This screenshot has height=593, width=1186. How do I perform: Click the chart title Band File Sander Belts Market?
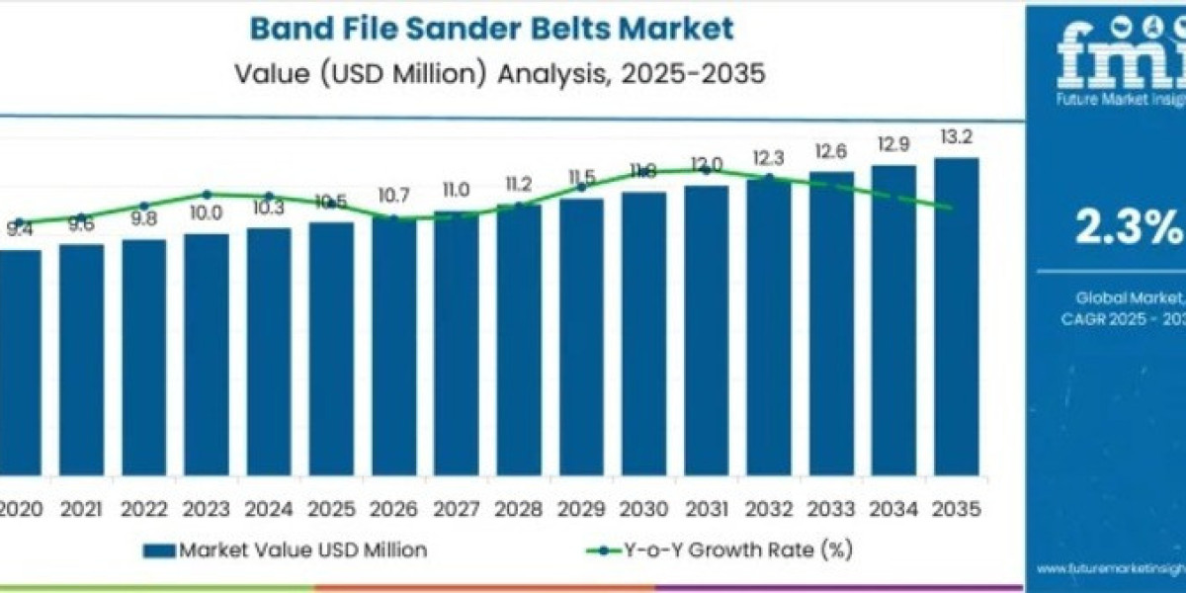pyautogui.click(x=491, y=28)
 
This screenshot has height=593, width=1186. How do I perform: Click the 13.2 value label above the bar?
pyautogui.click(x=956, y=137)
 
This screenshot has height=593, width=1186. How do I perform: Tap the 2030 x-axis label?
pyautogui.click(x=643, y=510)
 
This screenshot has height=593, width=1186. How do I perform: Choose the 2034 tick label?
pyautogui.click(x=893, y=510)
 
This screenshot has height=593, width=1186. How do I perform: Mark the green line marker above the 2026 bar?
pyautogui.click(x=393, y=218)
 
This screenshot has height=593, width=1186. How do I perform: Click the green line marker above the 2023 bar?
pyautogui.click(x=207, y=195)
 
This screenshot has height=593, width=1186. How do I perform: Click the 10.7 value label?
pyautogui.click(x=393, y=196)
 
